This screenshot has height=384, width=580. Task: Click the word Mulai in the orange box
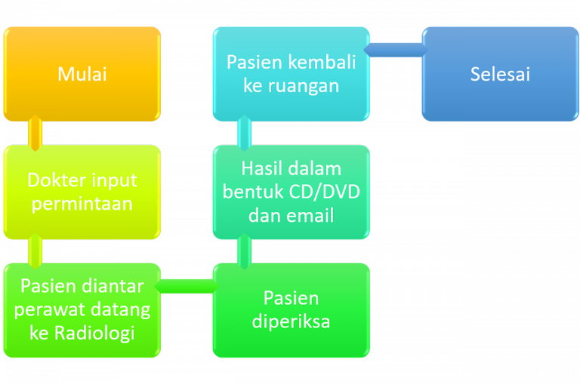click(82, 74)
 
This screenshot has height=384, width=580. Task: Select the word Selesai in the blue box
click(500, 74)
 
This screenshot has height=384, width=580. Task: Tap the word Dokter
click(57, 180)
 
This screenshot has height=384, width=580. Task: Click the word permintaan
click(82, 204)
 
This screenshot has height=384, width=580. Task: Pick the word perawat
click(50, 310)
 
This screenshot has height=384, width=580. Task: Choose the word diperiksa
click(291, 321)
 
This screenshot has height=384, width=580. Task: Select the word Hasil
click(261, 168)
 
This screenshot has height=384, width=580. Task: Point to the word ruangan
click(304, 86)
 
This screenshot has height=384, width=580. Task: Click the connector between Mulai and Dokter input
click(35, 133)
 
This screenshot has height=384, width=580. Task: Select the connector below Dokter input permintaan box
click(35, 251)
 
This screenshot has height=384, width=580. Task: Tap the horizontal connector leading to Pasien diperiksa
click(187, 286)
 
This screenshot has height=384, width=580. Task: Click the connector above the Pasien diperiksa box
click(244, 251)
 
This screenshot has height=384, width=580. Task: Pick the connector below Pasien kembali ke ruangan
click(244, 133)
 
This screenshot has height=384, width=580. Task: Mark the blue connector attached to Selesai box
click(396, 50)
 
